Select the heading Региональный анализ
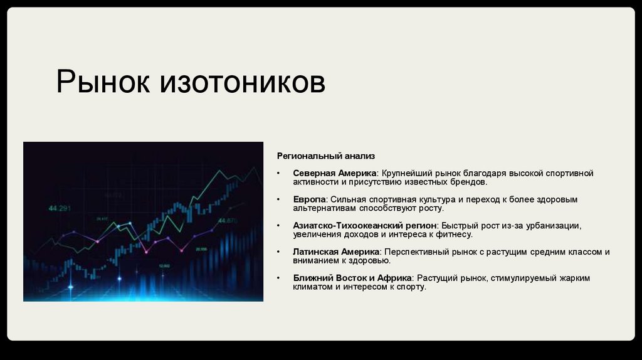pos(317,155)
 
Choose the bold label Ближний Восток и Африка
pos(352,278)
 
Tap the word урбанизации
pos(554,226)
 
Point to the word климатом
pos(313,287)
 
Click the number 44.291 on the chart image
pos(60,208)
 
